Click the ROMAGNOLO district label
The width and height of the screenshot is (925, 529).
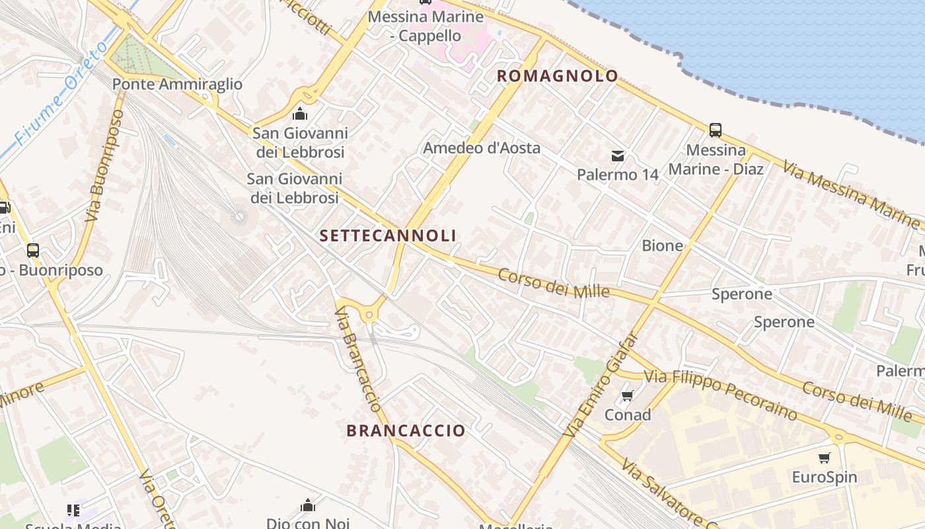[x=557, y=76]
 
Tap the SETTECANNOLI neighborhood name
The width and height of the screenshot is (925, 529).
[x=388, y=235]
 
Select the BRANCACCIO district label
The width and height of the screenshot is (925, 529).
[x=406, y=430]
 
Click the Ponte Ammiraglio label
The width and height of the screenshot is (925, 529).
[x=177, y=85]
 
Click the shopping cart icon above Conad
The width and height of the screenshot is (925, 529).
[x=627, y=396]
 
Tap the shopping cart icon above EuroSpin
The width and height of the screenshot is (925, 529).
[x=824, y=458]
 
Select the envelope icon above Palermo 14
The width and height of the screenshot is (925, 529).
[x=617, y=156]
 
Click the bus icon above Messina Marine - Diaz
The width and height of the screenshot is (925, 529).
[x=715, y=130]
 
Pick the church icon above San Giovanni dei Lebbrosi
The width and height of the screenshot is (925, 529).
[x=299, y=114]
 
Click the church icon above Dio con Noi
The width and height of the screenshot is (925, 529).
[x=307, y=506]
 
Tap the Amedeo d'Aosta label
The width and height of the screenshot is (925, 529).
[x=482, y=148]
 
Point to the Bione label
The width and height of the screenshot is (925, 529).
[x=662, y=246]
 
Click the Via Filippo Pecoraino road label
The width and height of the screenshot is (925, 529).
[x=720, y=394]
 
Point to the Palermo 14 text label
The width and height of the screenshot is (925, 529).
[x=618, y=175]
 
